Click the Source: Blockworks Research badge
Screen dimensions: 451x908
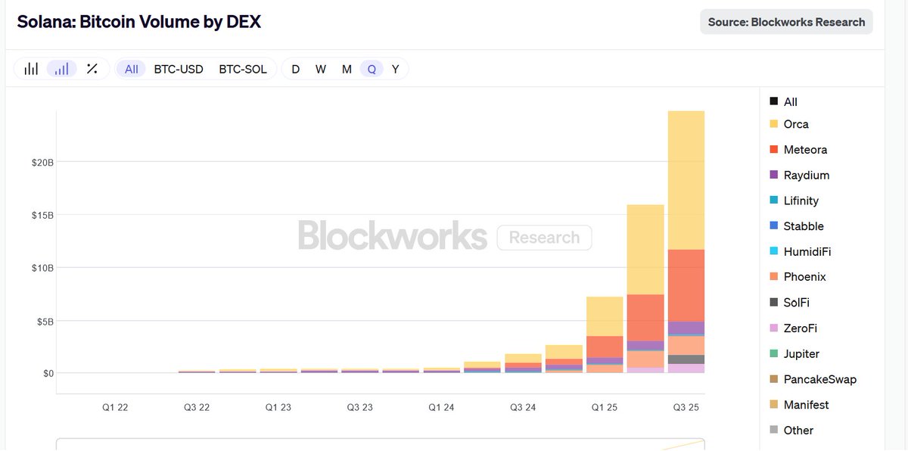(786, 22)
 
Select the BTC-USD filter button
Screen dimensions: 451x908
(179, 69)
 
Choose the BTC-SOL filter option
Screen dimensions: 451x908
(243, 69)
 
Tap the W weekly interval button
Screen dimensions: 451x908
(321, 69)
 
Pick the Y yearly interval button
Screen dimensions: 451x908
(395, 69)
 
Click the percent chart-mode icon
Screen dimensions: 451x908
(92, 69)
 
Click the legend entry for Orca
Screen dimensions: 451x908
(795, 124)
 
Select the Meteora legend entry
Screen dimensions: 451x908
(804, 150)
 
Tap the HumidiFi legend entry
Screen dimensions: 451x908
(807, 251)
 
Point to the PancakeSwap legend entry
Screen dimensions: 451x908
(819, 379)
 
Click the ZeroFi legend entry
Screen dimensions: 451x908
(800, 328)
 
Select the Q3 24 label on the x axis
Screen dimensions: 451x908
(523, 407)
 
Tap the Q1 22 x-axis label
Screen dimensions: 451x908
(116, 407)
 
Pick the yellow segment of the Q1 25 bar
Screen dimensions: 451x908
(605, 316)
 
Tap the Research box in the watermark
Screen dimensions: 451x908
(544, 238)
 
